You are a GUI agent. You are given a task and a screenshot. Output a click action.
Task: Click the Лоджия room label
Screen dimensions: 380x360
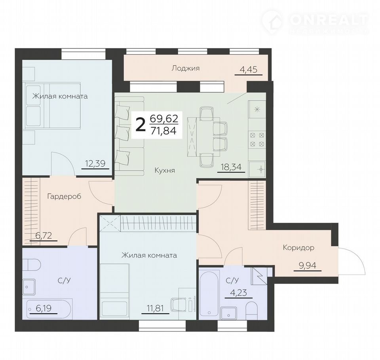click(x=186, y=68)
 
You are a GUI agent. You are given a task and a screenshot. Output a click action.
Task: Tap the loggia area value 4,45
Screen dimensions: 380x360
click(x=248, y=70)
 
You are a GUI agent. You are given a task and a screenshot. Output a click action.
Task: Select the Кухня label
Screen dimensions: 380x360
click(x=165, y=171)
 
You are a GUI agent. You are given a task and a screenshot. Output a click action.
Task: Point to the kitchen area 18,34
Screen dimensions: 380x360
click(x=231, y=167)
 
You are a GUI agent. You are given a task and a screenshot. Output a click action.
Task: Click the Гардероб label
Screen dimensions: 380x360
click(x=64, y=196)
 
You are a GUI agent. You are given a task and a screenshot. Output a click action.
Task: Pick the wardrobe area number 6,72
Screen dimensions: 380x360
click(x=44, y=235)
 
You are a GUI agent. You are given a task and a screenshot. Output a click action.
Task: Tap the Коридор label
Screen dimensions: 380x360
click(x=298, y=248)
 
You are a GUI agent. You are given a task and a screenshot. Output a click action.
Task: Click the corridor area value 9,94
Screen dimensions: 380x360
click(x=308, y=265)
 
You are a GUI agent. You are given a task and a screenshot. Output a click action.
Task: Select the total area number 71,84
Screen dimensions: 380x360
click(x=163, y=131)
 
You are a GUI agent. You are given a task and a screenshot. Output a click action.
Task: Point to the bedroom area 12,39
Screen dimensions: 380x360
click(x=95, y=163)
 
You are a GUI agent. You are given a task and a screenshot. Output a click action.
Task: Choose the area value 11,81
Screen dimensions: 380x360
click(x=155, y=309)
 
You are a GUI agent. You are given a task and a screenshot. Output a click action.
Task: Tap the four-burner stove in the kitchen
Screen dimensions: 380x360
click(x=257, y=140)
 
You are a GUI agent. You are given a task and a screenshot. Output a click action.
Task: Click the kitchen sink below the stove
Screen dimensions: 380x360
click(x=258, y=169)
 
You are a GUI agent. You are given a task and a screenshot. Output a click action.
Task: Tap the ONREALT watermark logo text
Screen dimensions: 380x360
click(x=329, y=20)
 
